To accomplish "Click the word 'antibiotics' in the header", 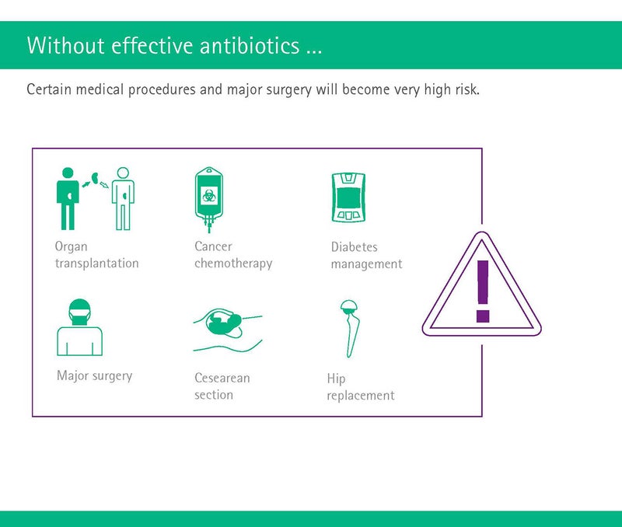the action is click(x=250, y=45).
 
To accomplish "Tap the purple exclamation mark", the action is click(x=483, y=291).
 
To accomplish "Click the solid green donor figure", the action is click(x=68, y=198).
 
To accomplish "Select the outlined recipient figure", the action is click(x=123, y=198).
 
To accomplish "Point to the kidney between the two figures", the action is click(x=95, y=178).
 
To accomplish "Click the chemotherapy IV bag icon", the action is click(x=209, y=199).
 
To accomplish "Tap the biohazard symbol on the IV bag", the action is click(x=208, y=195).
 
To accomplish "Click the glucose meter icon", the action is click(x=348, y=197).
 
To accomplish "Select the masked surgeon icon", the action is click(x=80, y=327).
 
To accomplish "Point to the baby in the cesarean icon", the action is click(x=223, y=321).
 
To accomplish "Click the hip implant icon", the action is click(x=348, y=328).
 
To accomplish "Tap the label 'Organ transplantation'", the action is click(x=96, y=255).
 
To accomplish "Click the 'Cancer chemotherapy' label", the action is click(x=233, y=255).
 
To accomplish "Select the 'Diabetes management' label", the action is click(x=366, y=256).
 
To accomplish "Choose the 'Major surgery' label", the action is click(x=94, y=375).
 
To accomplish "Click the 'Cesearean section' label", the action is click(x=222, y=386).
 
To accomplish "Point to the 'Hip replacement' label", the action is click(x=361, y=387).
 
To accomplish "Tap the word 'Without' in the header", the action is click(x=66, y=45).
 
